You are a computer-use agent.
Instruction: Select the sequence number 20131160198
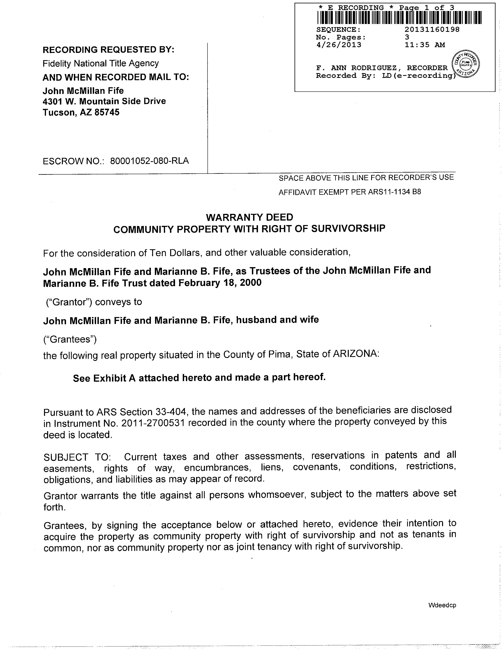(x=432, y=29)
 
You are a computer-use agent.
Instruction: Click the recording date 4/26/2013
(x=339, y=45)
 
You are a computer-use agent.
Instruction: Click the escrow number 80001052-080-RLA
(x=149, y=161)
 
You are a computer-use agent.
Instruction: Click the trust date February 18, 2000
(x=220, y=282)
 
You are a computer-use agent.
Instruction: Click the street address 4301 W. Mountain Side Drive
(x=104, y=101)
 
